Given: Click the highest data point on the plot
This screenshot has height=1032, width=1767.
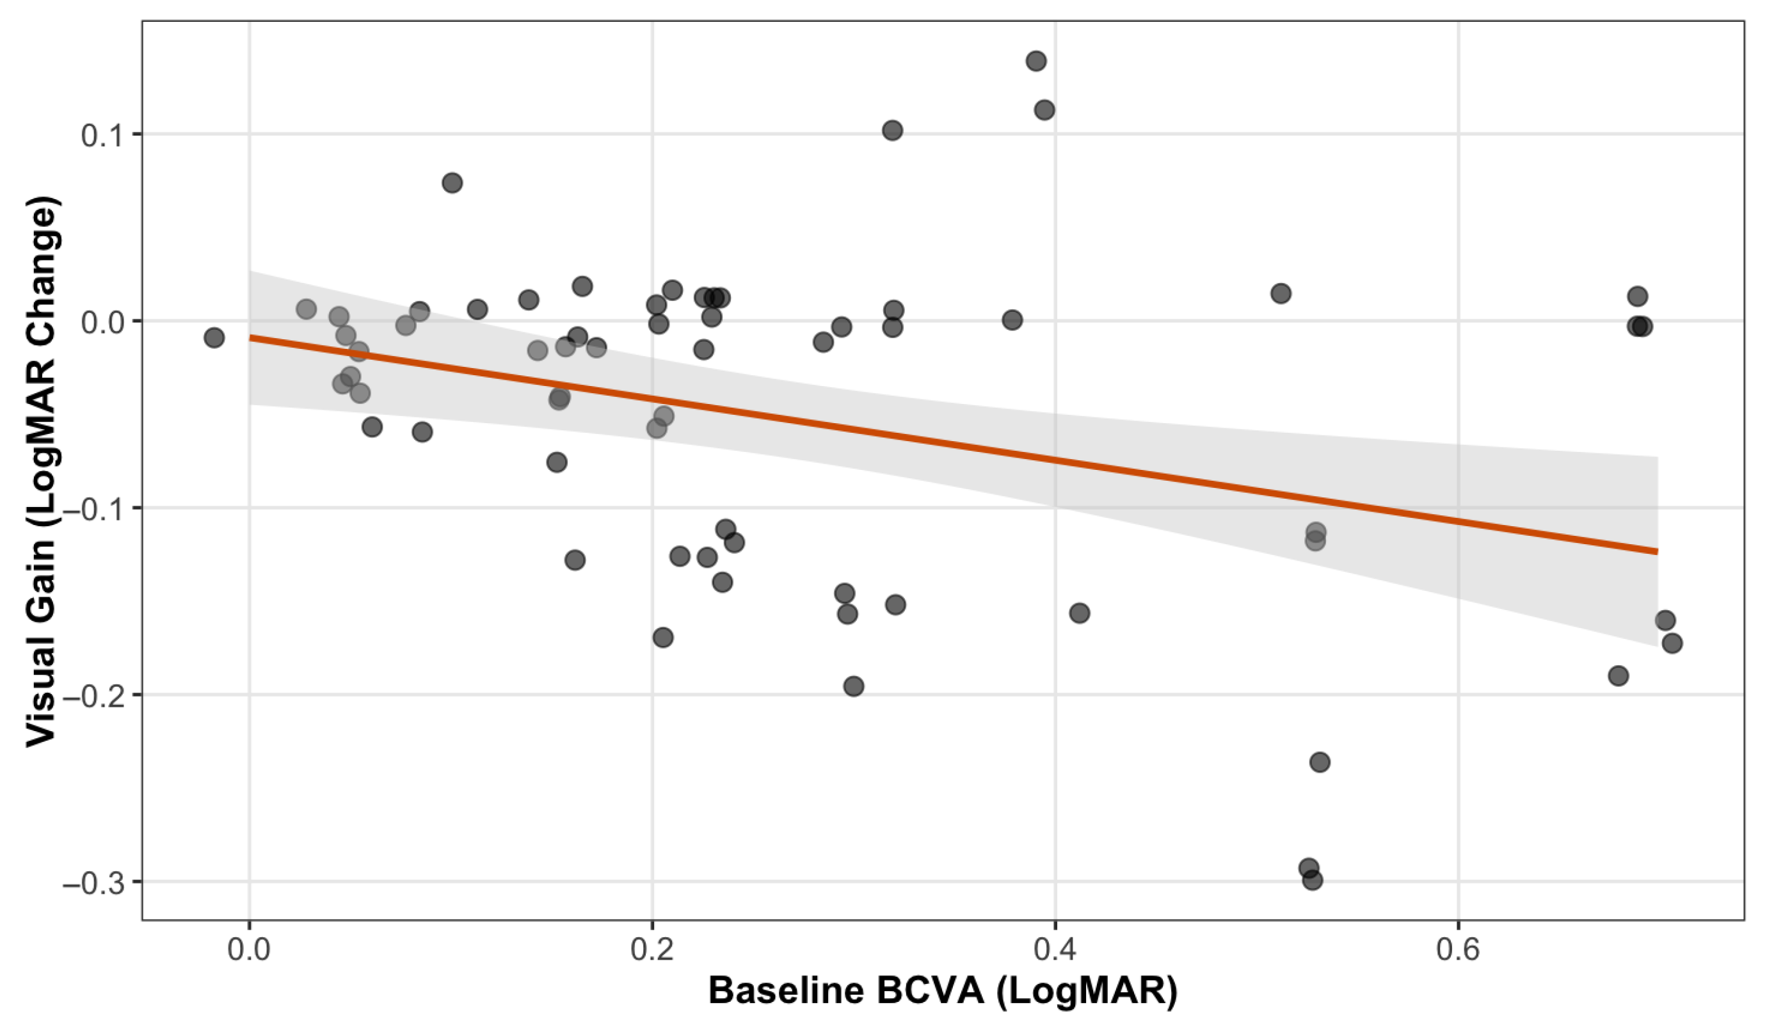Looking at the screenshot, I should [1035, 61].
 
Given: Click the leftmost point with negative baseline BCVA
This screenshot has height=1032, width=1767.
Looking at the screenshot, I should [214, 337].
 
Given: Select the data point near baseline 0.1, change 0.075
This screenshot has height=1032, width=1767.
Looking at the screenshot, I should [452, 183].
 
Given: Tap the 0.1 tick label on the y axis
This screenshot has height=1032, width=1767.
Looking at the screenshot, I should [102, 134].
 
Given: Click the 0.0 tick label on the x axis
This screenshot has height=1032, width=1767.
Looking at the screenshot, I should [249, 949].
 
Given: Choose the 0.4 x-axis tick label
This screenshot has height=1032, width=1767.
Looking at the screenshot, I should [1055, 949].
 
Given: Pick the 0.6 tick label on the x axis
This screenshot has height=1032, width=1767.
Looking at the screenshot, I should [1458, 949].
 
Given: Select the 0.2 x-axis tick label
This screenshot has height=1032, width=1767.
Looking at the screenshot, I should [652, 949].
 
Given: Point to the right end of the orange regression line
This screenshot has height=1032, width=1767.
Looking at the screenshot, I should [1657, 551].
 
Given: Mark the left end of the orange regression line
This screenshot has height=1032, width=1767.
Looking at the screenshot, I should [250, 337].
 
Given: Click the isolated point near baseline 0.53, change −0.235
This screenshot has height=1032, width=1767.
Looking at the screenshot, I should [1320, 762].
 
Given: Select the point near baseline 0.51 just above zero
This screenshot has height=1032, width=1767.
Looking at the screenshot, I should [1281, 293].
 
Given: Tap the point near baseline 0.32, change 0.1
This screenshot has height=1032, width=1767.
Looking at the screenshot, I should [892, 131].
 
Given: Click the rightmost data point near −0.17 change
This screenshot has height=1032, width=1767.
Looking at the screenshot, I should [1672, 643].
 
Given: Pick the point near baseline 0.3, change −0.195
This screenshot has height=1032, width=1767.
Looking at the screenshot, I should [853, 686].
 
